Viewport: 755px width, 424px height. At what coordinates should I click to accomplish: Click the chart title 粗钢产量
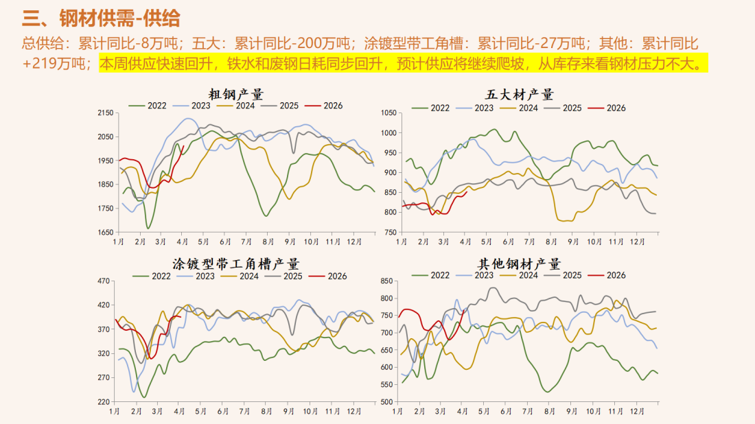click(x=236, y=95)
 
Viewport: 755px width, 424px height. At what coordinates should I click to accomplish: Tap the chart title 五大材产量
click(x=519, y=95)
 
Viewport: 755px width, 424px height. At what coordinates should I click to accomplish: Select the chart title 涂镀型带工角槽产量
click(x=236, y=264)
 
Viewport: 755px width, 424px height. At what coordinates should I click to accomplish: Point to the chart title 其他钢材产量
click(x=519, y=264)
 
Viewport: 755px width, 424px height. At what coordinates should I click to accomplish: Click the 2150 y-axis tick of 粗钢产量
click(x=105, y=113)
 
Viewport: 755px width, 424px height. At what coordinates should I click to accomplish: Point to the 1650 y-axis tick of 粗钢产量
click(x=105, y=233)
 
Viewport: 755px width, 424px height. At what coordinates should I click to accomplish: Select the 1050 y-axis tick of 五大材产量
click(x=388, y=113)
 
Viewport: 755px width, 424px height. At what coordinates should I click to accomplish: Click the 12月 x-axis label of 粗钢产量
click(x=354, y=242)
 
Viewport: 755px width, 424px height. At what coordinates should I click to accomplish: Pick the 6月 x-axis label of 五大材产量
click(x=509, y=242)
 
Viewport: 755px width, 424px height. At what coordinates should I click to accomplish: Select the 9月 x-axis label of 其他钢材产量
click(x=572, y=411)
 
